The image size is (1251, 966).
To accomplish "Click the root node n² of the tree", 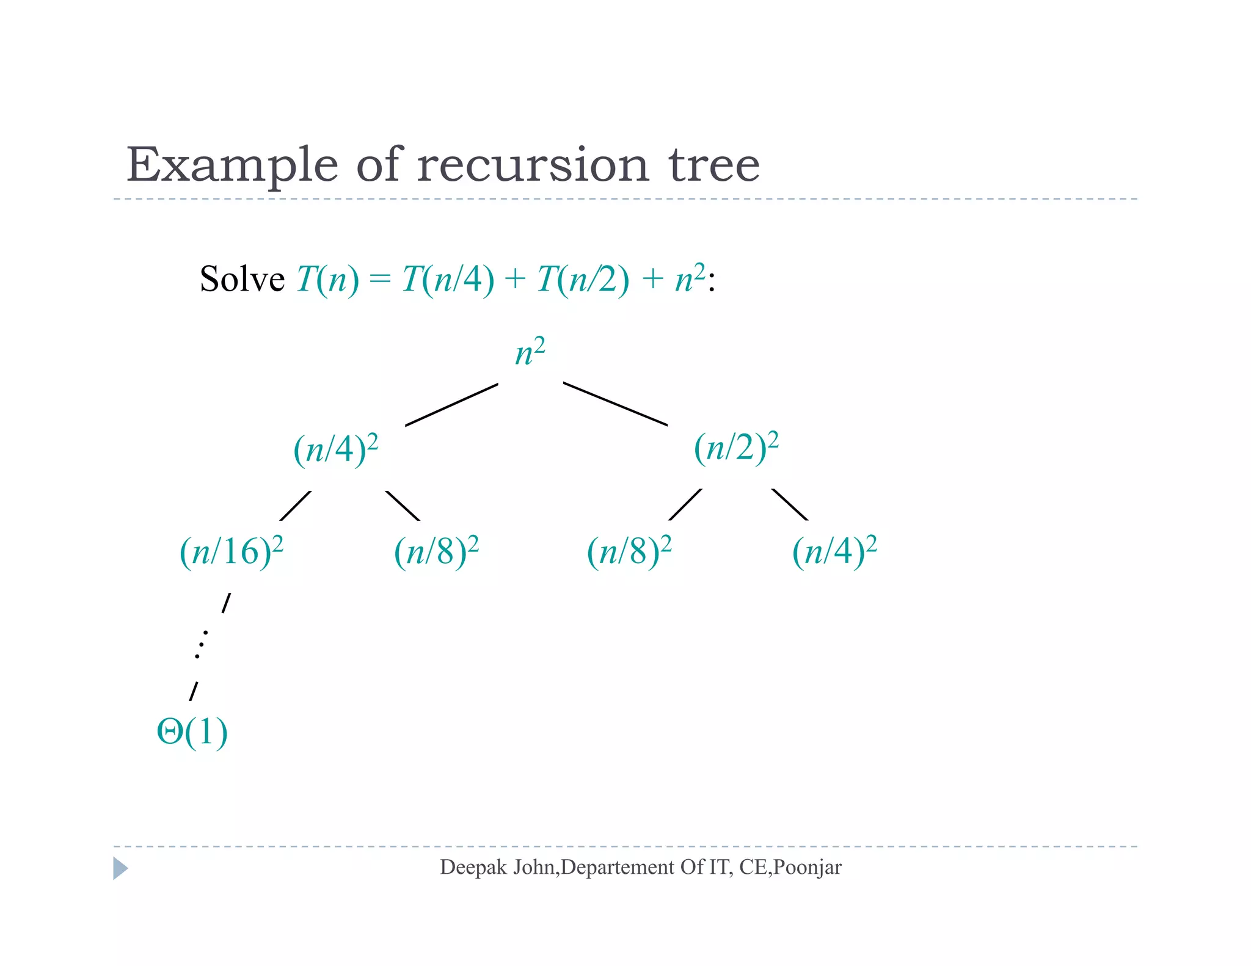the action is (x=529, y=353).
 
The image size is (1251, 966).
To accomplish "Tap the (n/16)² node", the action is (x=231, y=551).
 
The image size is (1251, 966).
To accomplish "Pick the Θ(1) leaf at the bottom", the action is (x=192, y=732).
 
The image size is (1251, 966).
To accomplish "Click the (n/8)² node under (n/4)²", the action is (x=436, y=551).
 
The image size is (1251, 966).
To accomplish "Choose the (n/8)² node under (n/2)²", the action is (x=629, y=551).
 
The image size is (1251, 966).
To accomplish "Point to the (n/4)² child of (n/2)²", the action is (x=834, y=551).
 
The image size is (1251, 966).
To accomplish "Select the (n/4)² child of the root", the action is (x=335, y=449).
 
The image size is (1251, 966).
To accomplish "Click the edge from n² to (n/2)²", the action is (x=615, y=404).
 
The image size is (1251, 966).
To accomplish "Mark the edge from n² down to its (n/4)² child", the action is (x=451, y=404).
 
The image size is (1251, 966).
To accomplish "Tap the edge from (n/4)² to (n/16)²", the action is (x=295, y=506).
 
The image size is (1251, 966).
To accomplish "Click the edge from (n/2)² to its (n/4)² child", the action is (x=790, y=504).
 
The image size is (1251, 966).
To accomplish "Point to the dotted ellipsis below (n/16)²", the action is (x=201, y=644).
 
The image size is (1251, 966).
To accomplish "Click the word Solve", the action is (x=242, y=280).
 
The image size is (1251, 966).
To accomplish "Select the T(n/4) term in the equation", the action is (x=448, y=280).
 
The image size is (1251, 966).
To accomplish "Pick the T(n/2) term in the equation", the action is (x=583, y=280).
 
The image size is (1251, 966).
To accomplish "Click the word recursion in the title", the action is (x=533, y=165).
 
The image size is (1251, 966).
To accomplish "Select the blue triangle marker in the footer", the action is (x=120, y=868).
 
